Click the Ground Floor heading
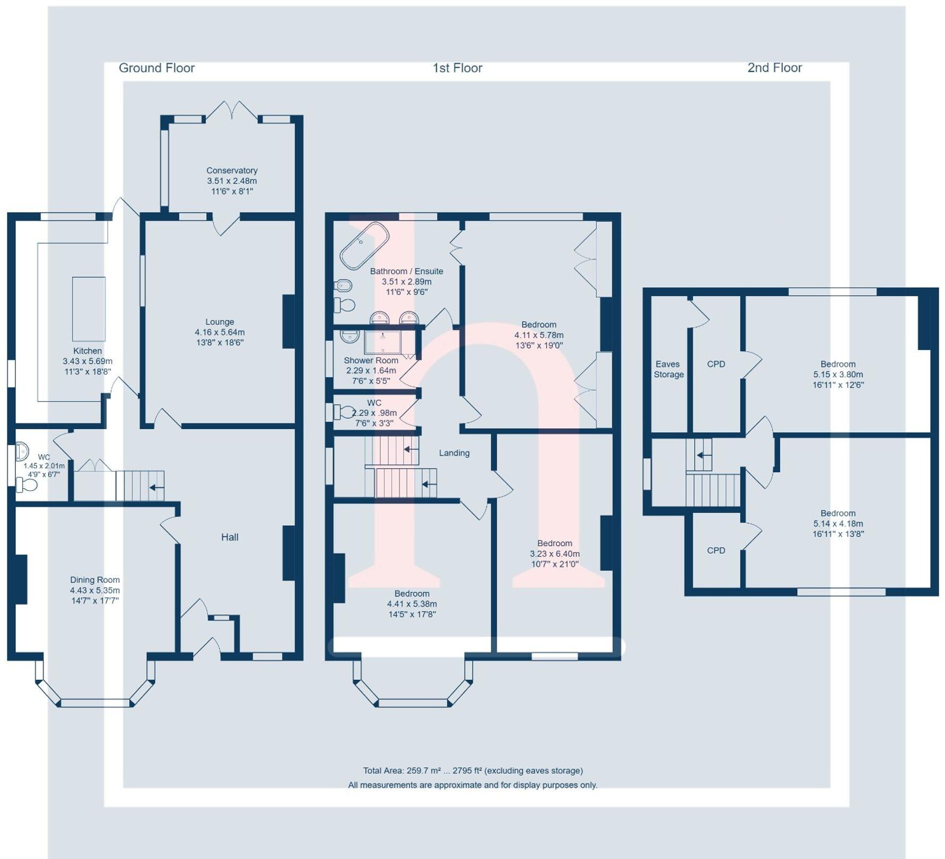[156, 68]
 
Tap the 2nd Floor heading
[774, 68]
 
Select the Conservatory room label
[232, 171]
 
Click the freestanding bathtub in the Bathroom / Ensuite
[364, 245]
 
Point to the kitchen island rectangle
[88, 308]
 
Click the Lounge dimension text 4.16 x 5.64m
[220, 332]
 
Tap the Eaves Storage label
[668, 369]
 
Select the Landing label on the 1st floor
[454, 453]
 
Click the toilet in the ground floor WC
[27, 485]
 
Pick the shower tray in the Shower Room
[382, 343]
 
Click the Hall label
[230, 537]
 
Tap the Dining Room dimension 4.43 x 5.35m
[95, 590]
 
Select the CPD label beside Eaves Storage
[716, 364]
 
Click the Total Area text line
[472, 771]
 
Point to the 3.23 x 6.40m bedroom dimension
[555, 554]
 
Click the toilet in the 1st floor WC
[344, 412]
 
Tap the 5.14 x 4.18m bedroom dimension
[838, 523]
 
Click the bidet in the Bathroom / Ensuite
[343, 286]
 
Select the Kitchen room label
[88, 351]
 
